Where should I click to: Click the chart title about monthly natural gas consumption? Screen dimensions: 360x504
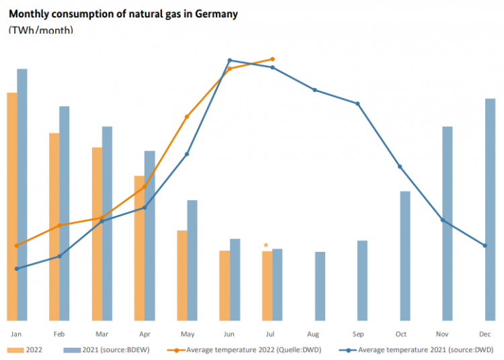(x=123, y=13)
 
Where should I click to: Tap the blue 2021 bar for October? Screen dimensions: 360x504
(x=405, y=256)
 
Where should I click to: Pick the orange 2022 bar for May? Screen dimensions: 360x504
(x=181, y=275)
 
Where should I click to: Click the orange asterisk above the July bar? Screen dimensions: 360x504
(x=266, y=246)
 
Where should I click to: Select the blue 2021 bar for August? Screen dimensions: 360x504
(x=320, y=286)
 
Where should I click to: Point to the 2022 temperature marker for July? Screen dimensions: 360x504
(x=272, y=59)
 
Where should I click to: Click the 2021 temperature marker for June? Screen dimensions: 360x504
(x=230, y=60)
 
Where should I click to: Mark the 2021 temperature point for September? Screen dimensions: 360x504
(x=358, y=103)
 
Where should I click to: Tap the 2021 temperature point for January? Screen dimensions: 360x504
(x=16, y=269)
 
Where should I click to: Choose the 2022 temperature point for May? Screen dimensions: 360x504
(x=187, y=117)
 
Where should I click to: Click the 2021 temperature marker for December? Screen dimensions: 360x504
(x=485, y=245)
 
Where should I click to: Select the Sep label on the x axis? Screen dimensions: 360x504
(x=358, y=334)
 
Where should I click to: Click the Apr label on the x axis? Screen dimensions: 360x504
(x=144, y=334)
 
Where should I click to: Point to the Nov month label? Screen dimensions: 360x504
(x=442, y=334)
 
